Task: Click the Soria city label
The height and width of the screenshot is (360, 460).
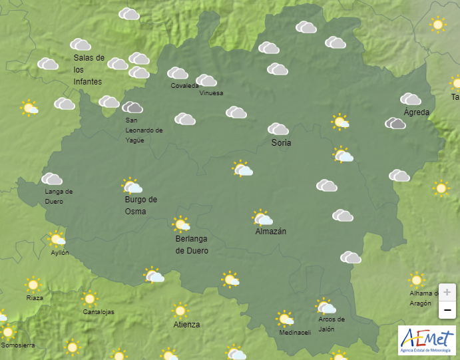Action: tap(281, 142)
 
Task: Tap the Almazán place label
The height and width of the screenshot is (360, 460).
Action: tap(271, 232)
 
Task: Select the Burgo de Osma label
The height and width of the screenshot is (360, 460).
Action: tap(140, 206)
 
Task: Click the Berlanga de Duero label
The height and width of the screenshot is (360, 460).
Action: tap(192, 245)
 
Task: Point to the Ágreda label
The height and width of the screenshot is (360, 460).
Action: tap(417, 112)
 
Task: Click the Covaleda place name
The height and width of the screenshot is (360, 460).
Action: tap(184, 86)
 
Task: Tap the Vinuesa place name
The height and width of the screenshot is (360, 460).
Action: tap(212, 93)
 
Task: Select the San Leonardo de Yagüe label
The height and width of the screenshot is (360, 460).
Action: tap(144, 130)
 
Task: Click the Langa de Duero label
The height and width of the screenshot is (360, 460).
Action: tap(59, 196)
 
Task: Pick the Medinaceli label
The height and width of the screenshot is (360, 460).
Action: tap(295, 333)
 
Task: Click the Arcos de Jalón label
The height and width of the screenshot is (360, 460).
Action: tap(331, 324)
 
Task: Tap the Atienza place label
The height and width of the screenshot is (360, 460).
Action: tap(186, 325)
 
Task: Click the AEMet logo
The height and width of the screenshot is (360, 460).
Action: tap(425, 340)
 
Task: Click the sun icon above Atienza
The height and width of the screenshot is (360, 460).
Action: tap(180, 310)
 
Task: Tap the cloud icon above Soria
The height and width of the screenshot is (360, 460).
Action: tap(278, 128)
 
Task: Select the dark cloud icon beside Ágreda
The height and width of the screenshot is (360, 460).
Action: tap(395, 123)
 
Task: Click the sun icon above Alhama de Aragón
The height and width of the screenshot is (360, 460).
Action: tap(417, 279)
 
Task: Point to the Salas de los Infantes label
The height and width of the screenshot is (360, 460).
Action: tap(89, 69)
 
